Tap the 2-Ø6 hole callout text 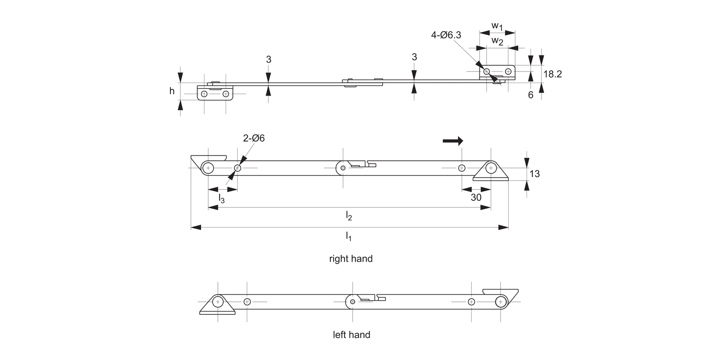coord(254,138)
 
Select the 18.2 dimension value coord(553,74)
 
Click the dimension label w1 coord(497,25)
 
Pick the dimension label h coord(172,90)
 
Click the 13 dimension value coord(534,174)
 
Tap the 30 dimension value coord(476,197)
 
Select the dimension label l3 coord(222,197)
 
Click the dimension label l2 coord(349,216)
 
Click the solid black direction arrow coord(453,141)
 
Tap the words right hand coord(350,259)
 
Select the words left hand coord(351,335)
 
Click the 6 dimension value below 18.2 coord(531,95)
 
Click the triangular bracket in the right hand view coord(491,172)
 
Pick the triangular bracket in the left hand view coord(217,305)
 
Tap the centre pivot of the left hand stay coord(353,301)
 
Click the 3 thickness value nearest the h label coord(268,60)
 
